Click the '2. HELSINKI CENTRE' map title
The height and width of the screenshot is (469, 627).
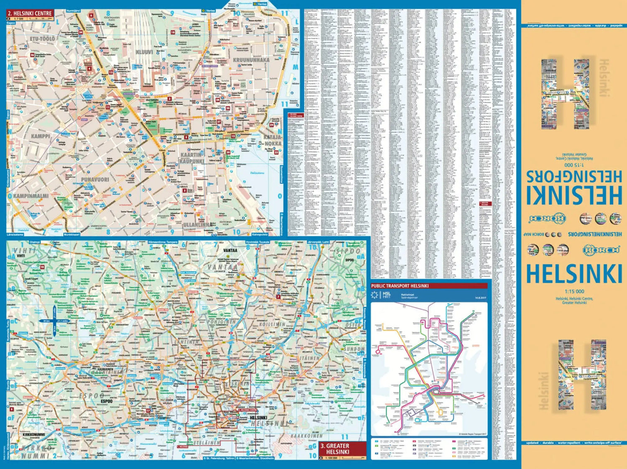point(30,13)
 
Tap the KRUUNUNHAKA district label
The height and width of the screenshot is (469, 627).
point(251,60)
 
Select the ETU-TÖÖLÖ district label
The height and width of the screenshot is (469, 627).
point(42,39)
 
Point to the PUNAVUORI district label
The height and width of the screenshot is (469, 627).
point(95,179)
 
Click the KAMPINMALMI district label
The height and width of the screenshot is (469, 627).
point(31,196)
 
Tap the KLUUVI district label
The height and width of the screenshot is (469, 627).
point(144,52)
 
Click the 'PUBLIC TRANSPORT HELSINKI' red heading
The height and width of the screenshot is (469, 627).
point(400,286)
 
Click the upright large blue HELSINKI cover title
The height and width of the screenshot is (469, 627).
point(574,274)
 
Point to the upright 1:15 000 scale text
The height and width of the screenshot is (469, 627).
point(574,291)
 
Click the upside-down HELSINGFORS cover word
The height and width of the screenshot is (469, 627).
point(574,176)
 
